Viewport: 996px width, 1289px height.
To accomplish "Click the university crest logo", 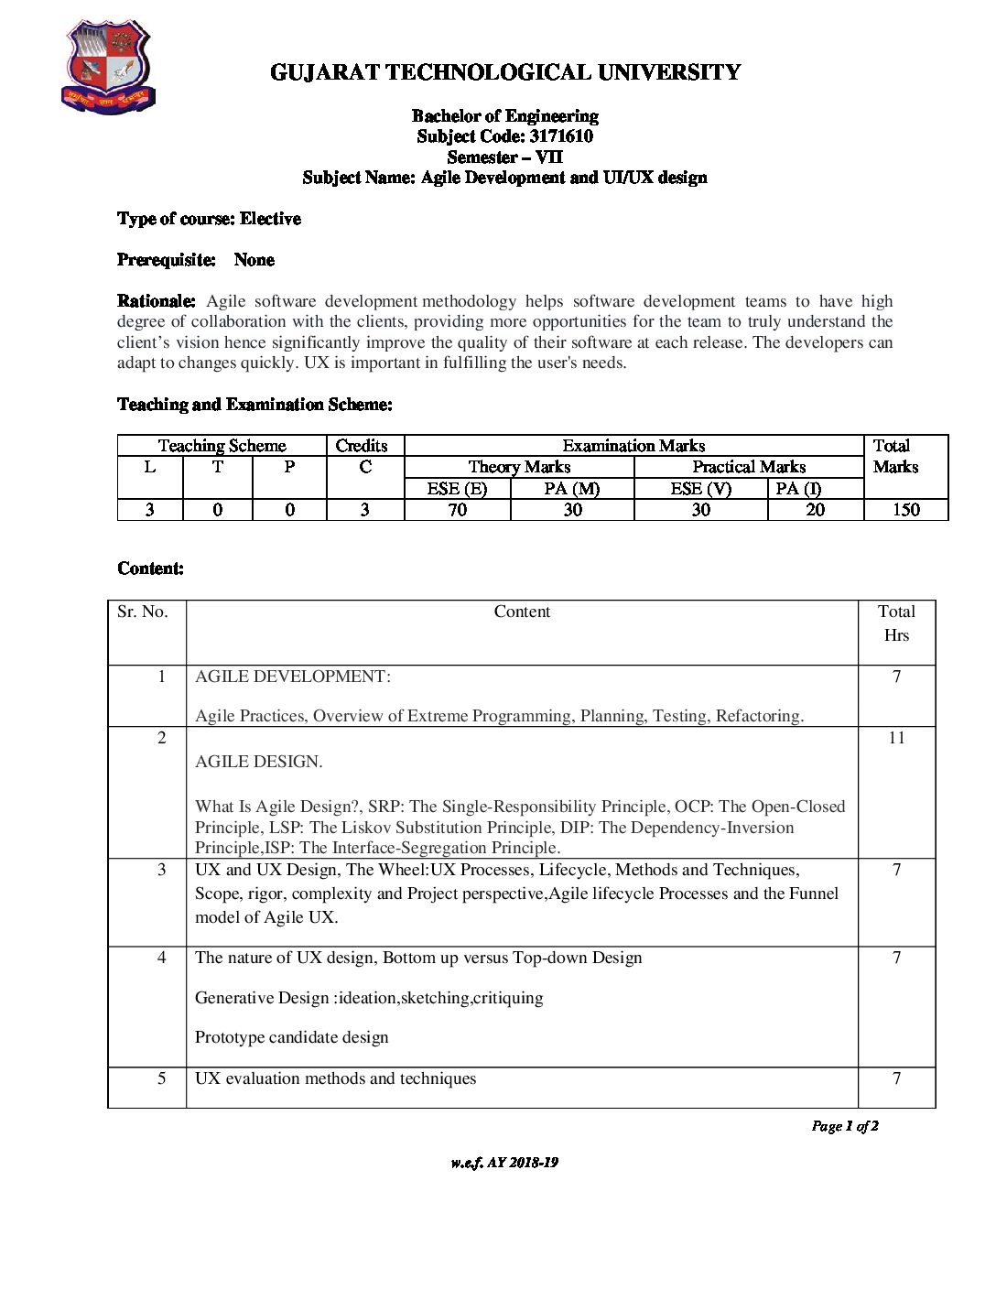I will [x=108, y=67].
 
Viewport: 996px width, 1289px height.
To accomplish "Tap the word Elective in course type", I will [x=270, y=219].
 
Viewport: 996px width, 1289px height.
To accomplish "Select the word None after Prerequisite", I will [x=254, y=260].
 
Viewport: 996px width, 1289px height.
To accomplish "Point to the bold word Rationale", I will [x=156, y=301].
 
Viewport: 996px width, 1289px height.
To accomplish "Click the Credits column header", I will [x=362, y=446].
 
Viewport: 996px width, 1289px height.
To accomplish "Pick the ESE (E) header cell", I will [x=457, y=489].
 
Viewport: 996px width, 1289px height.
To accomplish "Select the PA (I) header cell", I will [x=798, y=489].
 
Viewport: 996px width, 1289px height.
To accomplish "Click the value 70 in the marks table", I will [x=457, y=510].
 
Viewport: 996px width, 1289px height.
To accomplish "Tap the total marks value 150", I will [x=905, y=510].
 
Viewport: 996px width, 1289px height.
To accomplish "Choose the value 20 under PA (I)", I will [x=815, y=510].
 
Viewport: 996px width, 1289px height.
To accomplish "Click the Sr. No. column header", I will [x=143, y=612].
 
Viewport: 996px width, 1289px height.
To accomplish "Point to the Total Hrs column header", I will [x=896, y=623].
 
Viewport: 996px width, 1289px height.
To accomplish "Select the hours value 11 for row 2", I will [x=896, y=738].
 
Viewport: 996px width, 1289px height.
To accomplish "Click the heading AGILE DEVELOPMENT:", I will [x=293, y=677].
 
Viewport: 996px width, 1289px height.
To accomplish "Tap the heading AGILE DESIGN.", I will [x=259, y=762].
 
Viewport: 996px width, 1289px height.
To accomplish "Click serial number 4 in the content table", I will [x=162, y=958].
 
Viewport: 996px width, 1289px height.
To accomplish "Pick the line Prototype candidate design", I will [x=292, y=1037].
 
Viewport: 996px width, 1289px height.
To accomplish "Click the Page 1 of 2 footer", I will [x=845, y=1126].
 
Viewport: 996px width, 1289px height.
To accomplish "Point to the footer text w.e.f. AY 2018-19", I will [x=504, y=1163].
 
